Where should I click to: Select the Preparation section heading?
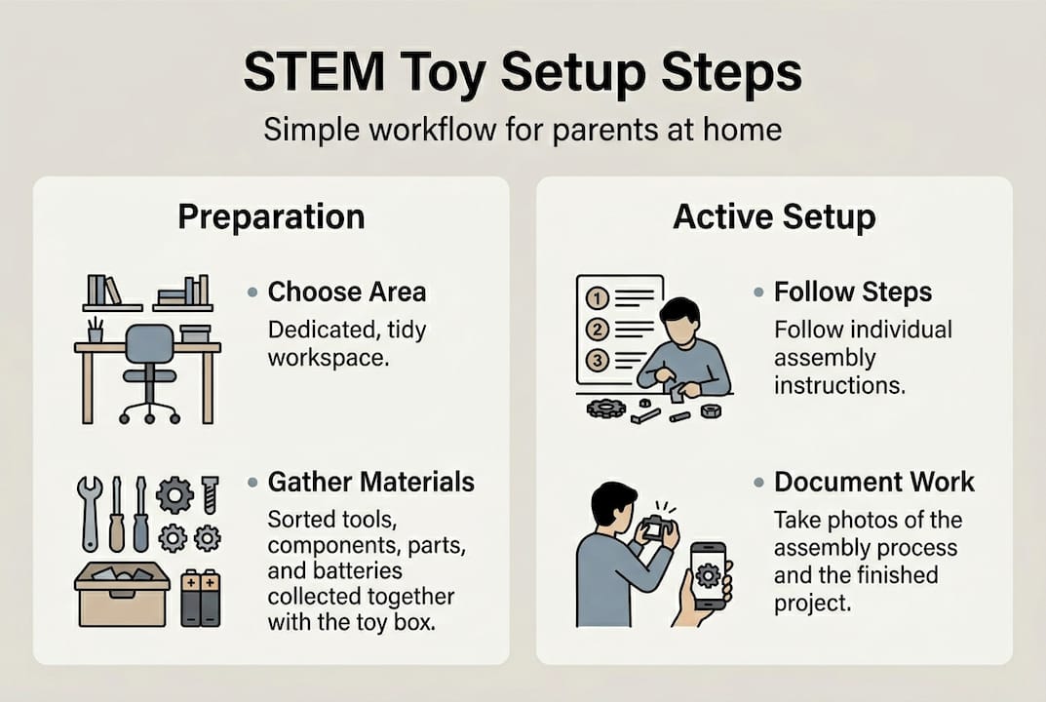[271, 216]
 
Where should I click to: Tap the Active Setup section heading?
[774, 216]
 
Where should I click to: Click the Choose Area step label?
[347, 292]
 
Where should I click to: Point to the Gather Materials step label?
[371, 482]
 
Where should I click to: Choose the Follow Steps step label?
[853, 292]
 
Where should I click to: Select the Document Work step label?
[874, 482]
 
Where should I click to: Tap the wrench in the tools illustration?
[89, 512]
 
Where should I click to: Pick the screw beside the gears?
[210, 493]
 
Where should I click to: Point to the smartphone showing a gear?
[708, 575]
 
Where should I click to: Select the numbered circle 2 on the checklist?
[597, 329]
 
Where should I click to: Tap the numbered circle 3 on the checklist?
[597, 360]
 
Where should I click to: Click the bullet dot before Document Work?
[758, 483]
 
